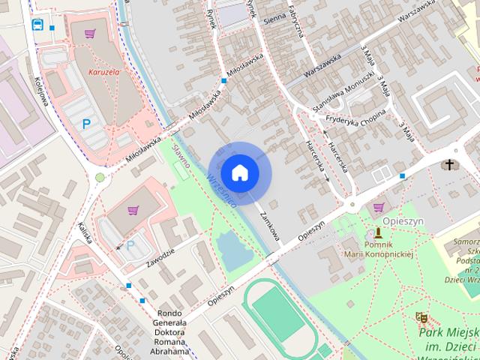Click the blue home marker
[240, 172]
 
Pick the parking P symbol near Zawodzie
[131, 245]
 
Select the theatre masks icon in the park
[421, 317]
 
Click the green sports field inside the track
[277, 312]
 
